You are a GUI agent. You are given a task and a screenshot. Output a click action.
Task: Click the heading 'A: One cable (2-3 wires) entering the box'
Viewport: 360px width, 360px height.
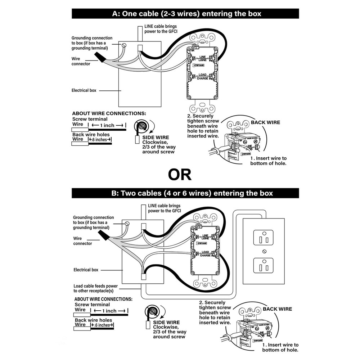coord(185,14)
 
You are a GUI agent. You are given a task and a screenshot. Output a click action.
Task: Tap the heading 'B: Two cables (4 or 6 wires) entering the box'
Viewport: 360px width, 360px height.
coord(185,193)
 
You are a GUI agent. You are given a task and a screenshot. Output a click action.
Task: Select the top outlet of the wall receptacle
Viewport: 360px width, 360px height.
coord(264,238)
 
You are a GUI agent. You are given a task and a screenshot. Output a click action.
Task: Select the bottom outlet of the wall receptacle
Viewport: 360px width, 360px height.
coord(264,265)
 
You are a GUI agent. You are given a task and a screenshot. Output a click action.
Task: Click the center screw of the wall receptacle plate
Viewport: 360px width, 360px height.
coord(264,251)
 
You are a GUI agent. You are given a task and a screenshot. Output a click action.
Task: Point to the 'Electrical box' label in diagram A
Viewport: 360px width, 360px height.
coord(84,90)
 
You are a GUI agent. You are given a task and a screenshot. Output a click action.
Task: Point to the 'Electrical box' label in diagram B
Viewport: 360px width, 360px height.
coord(86,270)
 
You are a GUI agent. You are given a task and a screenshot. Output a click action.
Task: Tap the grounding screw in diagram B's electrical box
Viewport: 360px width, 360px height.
coord(127,223)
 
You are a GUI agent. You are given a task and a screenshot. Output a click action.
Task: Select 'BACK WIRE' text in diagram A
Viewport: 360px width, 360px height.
coord(265,122)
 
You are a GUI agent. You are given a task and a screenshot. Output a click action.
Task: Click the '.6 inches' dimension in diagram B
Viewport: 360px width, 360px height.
coord(102,325)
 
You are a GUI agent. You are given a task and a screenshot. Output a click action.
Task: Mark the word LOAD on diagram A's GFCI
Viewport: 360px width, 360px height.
coord(202,75)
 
